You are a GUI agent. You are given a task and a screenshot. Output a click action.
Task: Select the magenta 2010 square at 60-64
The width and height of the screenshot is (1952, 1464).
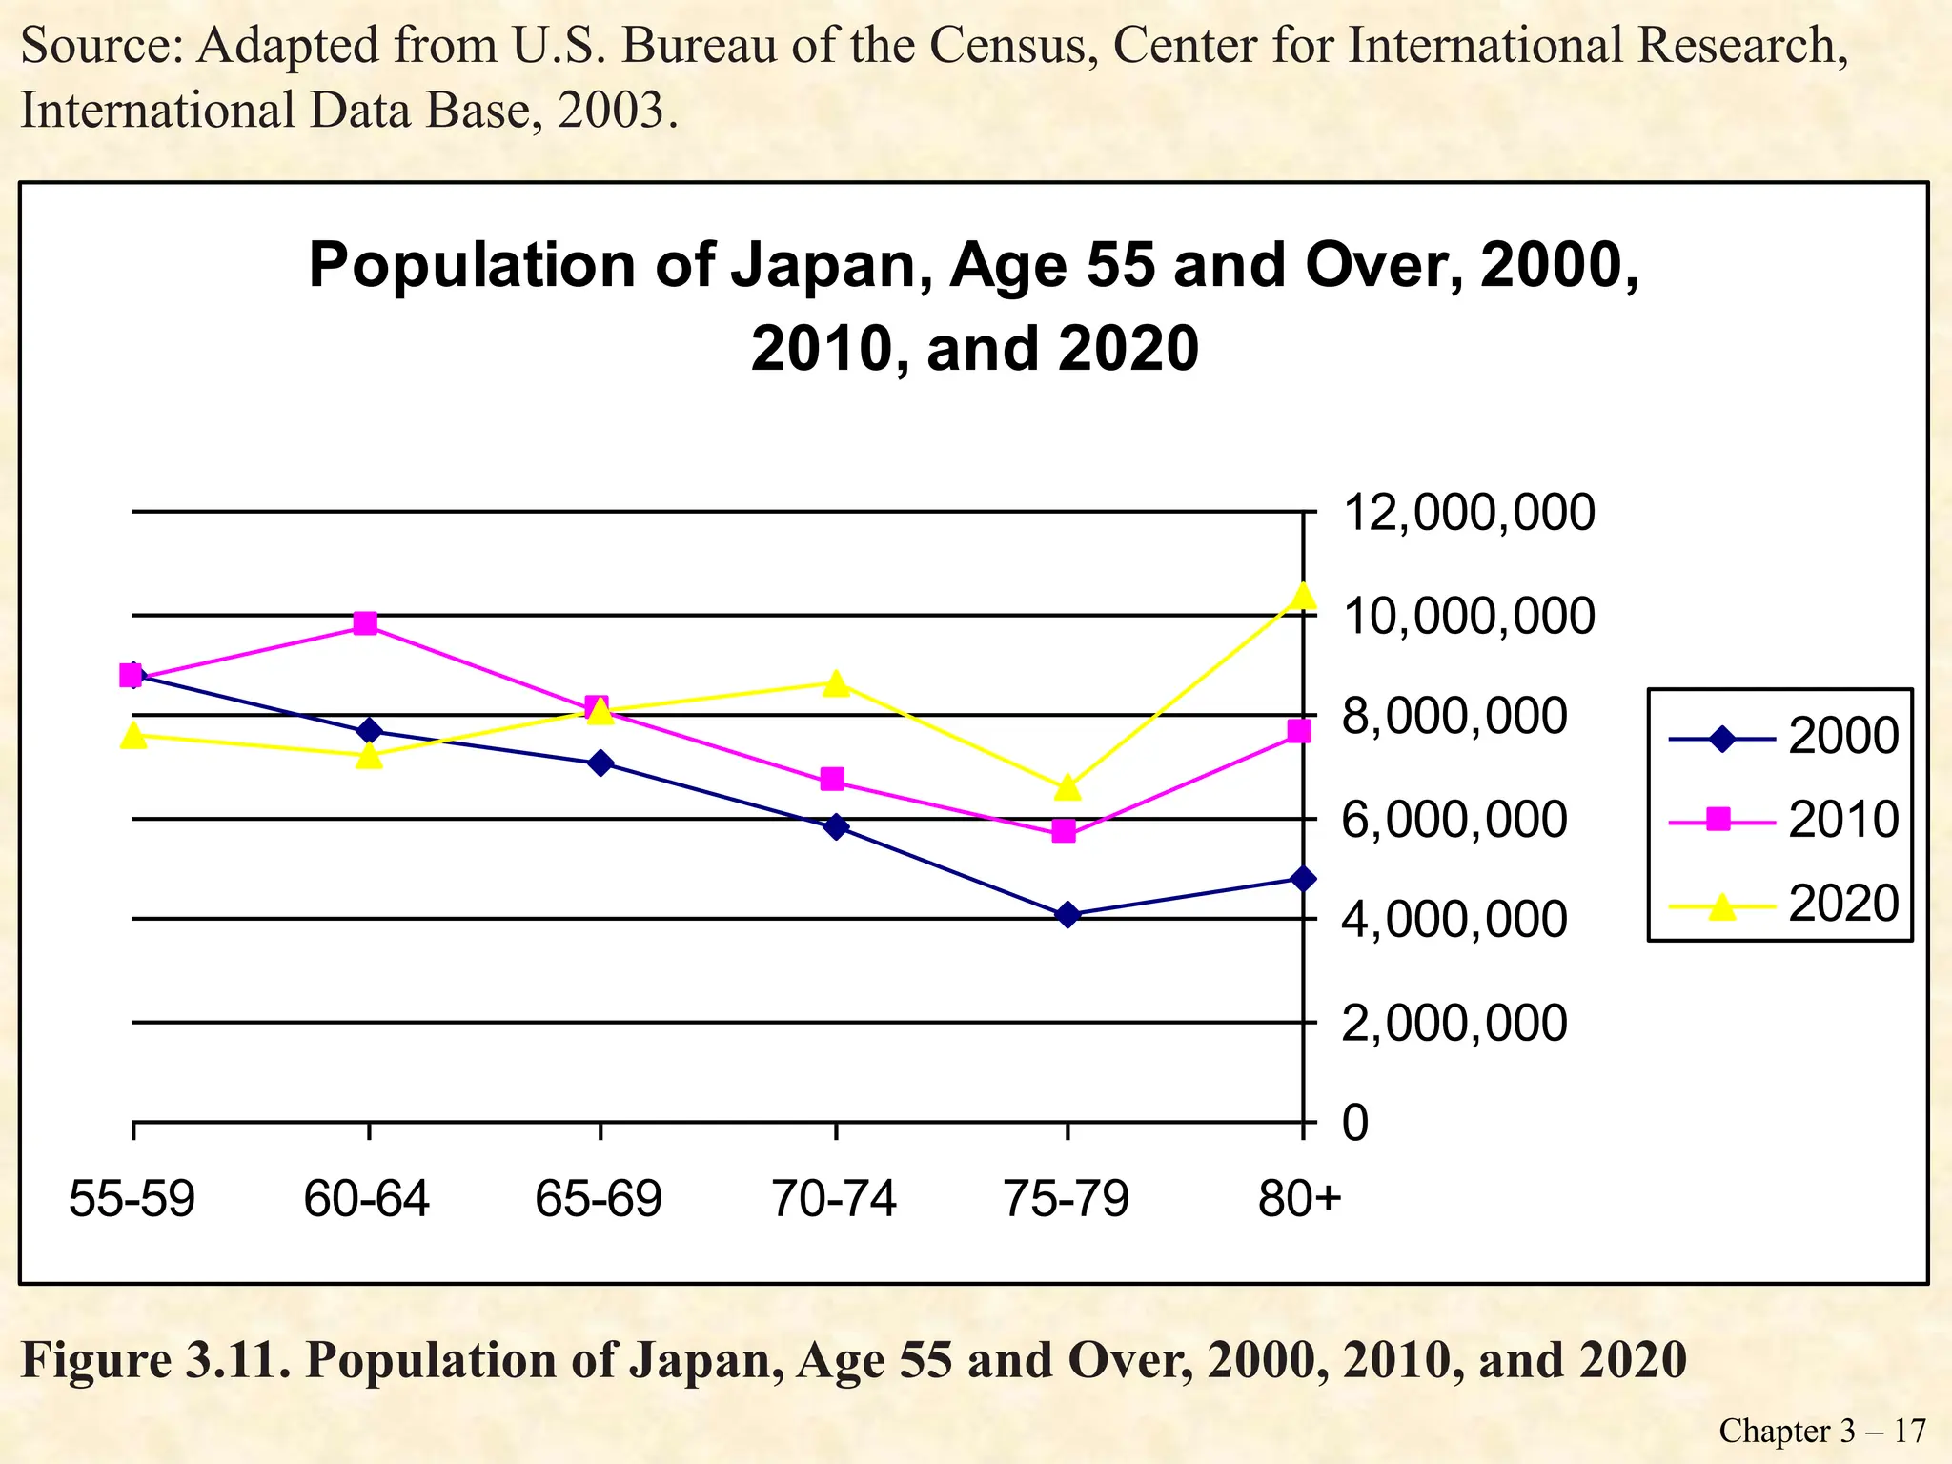point(365,623)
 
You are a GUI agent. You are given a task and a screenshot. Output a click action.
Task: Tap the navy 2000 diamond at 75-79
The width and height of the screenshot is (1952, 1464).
point(1067,915)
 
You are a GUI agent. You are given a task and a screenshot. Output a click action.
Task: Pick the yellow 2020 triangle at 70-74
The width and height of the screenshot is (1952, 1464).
point(836,684)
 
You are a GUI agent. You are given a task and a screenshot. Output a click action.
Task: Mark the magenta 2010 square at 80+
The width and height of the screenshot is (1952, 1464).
point(1299,731)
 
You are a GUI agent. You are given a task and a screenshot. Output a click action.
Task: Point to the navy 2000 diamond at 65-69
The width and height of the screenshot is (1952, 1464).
point(600,762)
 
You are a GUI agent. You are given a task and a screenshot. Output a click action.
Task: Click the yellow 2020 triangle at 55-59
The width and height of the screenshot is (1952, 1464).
point(133,736)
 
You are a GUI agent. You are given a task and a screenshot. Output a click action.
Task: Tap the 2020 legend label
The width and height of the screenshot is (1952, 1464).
point(1842,904)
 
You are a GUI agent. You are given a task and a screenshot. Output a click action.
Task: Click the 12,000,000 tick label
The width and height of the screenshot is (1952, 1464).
point(1467,513)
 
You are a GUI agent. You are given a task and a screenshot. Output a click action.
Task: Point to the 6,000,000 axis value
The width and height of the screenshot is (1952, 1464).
point(1454,820)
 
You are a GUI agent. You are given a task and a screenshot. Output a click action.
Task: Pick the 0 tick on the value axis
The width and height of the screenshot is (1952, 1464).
point(1354,1123)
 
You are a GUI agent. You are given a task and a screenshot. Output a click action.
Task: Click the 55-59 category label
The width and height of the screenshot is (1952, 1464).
point(132,1199)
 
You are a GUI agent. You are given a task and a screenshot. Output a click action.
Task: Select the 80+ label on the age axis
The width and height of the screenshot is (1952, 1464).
point(1298,1199)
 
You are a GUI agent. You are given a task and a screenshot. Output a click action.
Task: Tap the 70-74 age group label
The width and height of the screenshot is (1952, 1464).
point(834,1199)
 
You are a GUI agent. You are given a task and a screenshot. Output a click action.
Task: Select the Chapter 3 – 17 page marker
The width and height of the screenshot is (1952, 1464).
point(1821,1431)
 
